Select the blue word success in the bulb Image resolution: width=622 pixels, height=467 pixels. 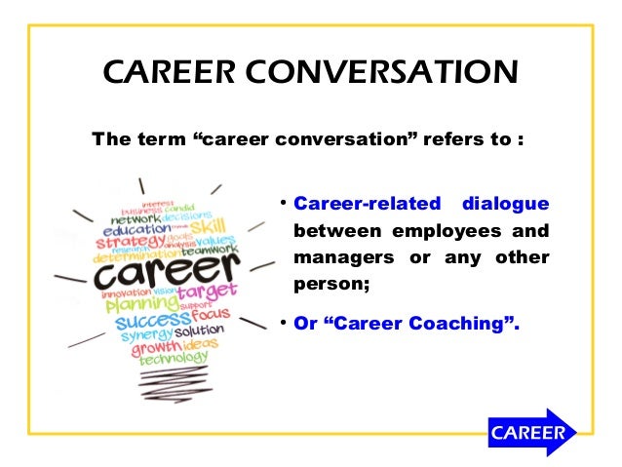point(151,320)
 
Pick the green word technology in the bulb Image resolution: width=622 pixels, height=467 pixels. point(174,358)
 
